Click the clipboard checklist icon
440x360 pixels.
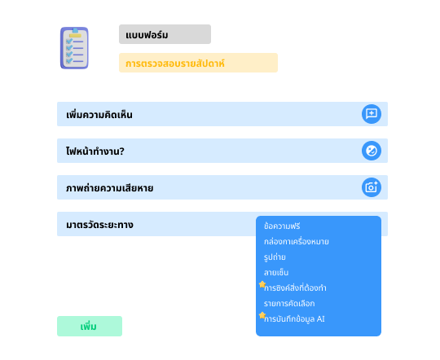pyautogui.click(x=74, y=48)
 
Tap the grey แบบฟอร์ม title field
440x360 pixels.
pyautogui.click(x=165, y=34)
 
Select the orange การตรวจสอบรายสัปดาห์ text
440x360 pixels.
pyautogui.click(x=175, y=64)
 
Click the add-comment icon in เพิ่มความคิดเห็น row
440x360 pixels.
pyautogui.click(x=372, y=114)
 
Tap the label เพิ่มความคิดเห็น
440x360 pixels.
pyautogui.click(x=99, y=115)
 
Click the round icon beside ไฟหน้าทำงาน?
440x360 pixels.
pyautogui.click(x=372, y=151)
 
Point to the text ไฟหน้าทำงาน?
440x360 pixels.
pyautogui.click(x=95, y=151)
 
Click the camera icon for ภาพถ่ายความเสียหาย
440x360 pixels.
pyautogui.click(x=372, y=187)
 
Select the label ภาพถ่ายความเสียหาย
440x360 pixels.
pyautogui.click(x=110, y=188)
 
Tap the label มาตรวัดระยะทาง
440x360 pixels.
pyautogui.click(x=99, y=225)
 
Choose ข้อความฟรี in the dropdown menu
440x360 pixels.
pyautogui.click(x=282, y=226)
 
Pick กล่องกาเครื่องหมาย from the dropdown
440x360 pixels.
pyautogui.click(x=297, y=242)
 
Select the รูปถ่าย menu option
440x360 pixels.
pyautogui.click(x=275, y=257)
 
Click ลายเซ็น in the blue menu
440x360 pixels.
pyautogui.click(x=276, y=273)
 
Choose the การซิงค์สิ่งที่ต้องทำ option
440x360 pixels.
pyautogui.click(x=295, y=288)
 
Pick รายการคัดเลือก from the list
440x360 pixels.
pyautogui.click(x=289, y=303)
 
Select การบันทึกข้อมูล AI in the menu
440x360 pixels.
pyautogui.click(x=294, y=319)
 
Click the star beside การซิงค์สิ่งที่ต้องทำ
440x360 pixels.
pyautogui.click(x=262, y=284)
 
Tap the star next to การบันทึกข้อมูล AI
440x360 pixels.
pyautogui.click(x=262, y=315)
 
